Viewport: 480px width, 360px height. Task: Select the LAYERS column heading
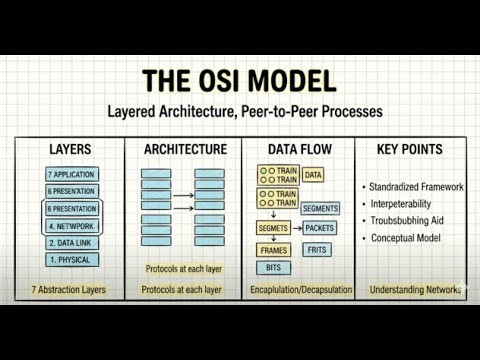pos(70,150)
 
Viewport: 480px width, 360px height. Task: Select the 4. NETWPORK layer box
pos(70,226)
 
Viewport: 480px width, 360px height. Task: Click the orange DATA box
pos(313,175)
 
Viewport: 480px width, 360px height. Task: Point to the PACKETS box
pos(320,228)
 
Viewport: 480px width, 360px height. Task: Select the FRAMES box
pos(273,249)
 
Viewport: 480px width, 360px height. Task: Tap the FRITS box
pos(316,249)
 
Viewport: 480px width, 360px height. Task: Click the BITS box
pos(272,268)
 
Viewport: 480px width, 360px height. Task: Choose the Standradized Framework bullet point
pos(414,188)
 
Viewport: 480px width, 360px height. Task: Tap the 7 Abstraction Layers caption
pos(69,291)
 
